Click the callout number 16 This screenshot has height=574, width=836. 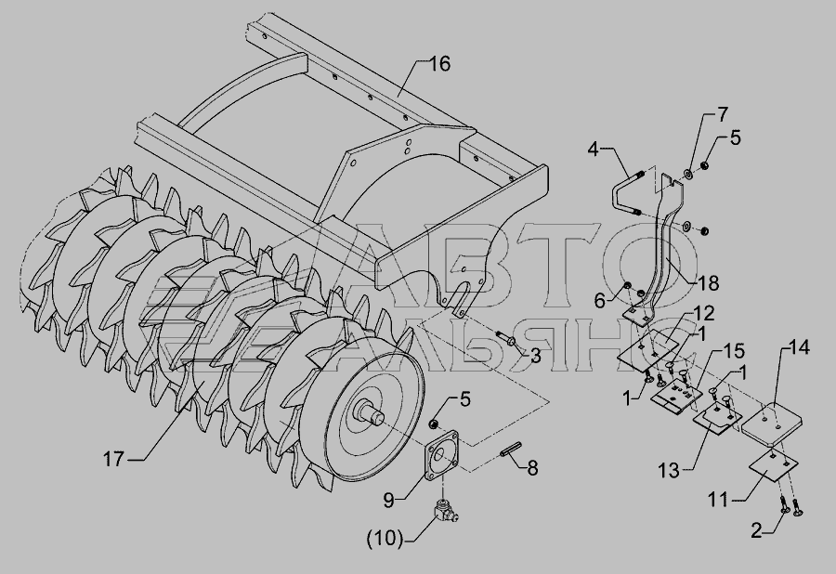click(439, 64)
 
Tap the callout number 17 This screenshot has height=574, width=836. click(113, 458)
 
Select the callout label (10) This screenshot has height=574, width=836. click(385, 539)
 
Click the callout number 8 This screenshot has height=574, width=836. click(532, 468)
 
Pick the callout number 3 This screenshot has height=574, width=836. click(535, 356)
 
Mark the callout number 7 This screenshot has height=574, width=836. click(723, 114)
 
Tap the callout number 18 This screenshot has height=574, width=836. click(709, 283)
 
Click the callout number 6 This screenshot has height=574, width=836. click(600, 301)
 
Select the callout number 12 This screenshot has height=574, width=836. click(704, 313)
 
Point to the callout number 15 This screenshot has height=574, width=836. click(734, 352)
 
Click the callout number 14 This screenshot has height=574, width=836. click(799, 347)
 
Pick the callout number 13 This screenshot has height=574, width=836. click(669, 470)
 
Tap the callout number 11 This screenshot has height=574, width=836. click(718, 500)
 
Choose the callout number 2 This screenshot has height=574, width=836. click(756, 530)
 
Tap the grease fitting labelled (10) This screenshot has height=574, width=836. click(446, 511)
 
